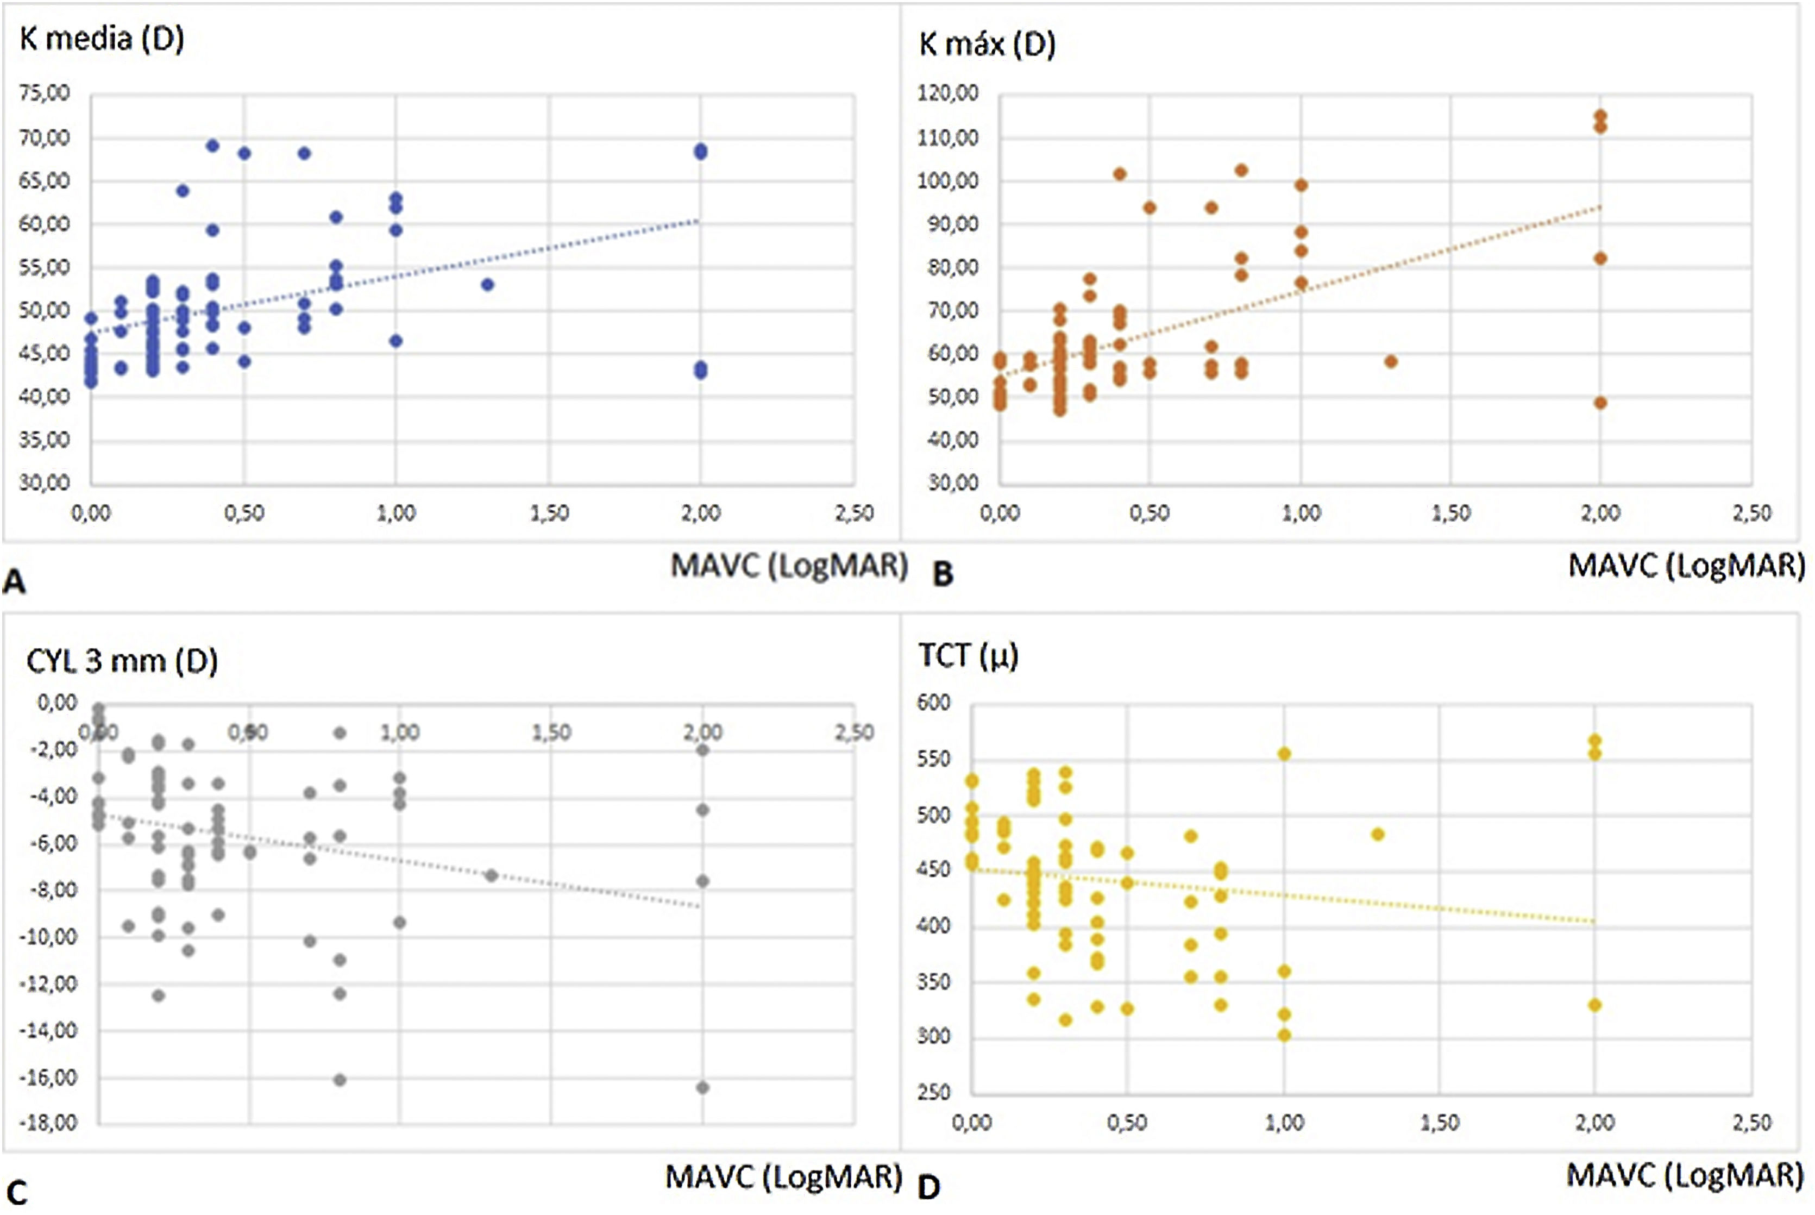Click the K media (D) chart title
point(102,39)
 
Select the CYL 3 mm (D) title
point(122,661)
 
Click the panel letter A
point(14,581)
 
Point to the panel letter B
point(942,574)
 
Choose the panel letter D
point(929,1186)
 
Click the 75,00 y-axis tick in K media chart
point(44,93)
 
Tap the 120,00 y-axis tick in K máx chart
point(948,93)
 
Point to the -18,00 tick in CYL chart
point(53,1123)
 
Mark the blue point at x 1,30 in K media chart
point(487,284)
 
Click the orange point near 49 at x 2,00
point(1600,403)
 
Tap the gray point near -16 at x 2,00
point(702,1088)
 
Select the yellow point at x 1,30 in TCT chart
point(1377,835)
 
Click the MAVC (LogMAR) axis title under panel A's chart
point(789,566)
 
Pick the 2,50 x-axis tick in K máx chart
point(1751,513)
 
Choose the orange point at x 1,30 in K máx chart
point(1391,362)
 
